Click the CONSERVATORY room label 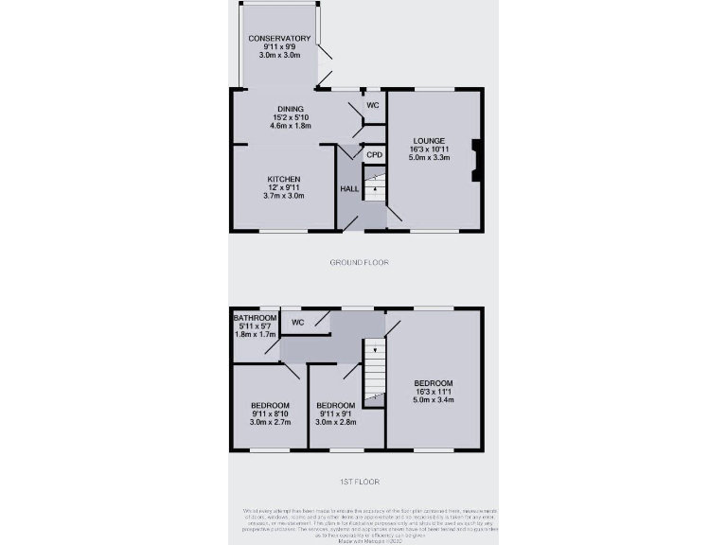point(279,38)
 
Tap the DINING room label point(291,109)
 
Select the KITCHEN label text point(284,179)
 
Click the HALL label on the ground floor point(348,189)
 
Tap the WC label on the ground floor point(373,105)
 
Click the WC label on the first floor point(297,323)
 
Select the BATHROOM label point(256,318)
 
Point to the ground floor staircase point(375,185)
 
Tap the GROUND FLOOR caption point(359,262)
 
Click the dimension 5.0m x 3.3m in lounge point(429,158)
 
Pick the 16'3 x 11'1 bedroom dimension point(434,391)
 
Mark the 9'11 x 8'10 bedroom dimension point(270,413)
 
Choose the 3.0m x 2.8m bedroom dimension point(335,422)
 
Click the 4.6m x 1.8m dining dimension point(291,126)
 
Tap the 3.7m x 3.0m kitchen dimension point(284,196)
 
